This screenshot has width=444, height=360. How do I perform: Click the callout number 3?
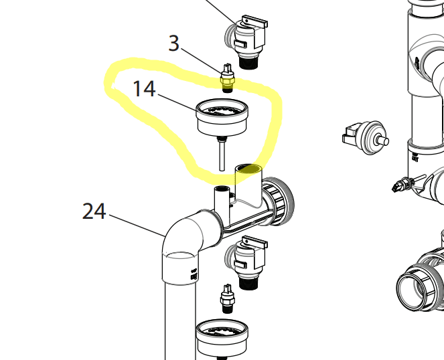[x=174, y=44]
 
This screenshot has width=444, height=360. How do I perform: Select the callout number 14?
[x=145, y=88]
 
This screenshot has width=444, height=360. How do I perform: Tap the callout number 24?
[x=94, y=211]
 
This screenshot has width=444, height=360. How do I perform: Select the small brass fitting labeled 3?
[x=227, y=77]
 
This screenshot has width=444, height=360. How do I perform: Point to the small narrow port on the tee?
[x=219, y=197]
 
